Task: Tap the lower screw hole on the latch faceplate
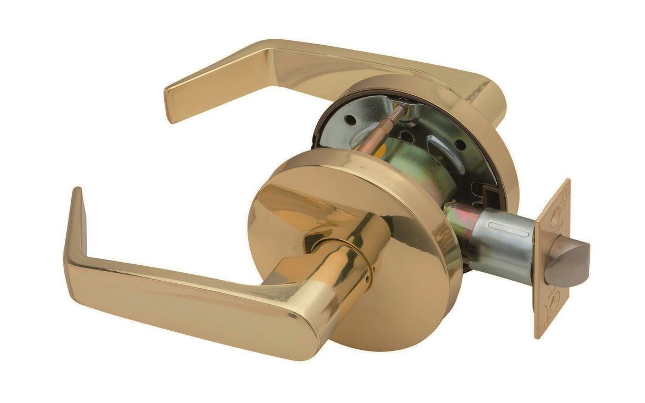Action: click(554, 303)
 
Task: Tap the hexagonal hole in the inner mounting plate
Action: click(406, 136)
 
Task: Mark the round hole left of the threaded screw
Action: click(350, 119)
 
